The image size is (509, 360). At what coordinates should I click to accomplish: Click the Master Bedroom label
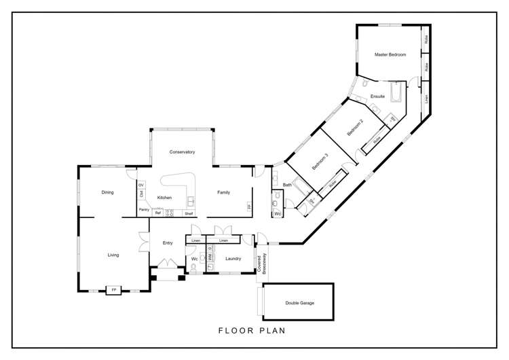[390, 54]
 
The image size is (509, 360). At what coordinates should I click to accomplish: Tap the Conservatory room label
[183, 152]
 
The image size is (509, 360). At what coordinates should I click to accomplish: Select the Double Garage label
[299, 303]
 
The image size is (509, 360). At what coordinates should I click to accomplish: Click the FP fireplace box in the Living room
[113, 290]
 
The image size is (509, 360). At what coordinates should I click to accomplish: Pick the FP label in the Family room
[249, 206]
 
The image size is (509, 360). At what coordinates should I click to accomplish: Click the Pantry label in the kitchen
[144, 210]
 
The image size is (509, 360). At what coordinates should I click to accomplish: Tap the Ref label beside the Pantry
[157, 213]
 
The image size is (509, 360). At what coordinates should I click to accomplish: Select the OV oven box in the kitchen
[141, 185]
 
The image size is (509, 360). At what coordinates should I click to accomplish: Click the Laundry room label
[233, 258]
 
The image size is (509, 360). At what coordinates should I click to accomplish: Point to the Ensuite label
[377, 96]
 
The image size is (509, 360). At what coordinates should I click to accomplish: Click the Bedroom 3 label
[320, 162]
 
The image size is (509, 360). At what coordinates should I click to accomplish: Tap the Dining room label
[107, 192]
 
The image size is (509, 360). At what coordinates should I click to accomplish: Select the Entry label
[168, 242]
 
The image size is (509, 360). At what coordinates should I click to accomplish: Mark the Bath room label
[287, 185]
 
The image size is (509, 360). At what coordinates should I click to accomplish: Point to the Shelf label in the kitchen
[189, 213]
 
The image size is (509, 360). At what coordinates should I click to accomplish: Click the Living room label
[113, 255]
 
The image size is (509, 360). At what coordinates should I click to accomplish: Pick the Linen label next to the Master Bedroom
[426, 99]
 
